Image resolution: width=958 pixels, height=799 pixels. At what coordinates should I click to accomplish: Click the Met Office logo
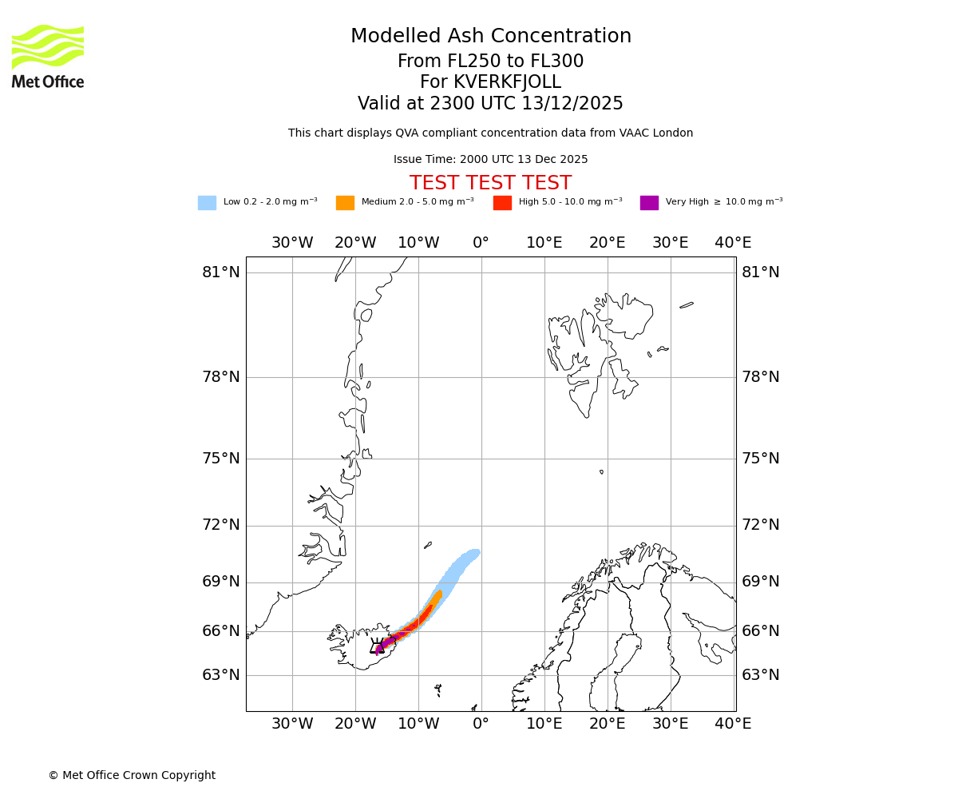pyautogui.click(x=48, y=56)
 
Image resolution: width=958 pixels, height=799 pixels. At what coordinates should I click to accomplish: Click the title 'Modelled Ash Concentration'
pyautogui.click(x=491, y=36)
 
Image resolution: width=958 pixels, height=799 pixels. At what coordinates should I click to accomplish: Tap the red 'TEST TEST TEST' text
pyautogui.click(x=490, y=183)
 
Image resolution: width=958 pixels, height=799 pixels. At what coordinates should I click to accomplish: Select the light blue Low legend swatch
pyautogui.click(x=207, y=202)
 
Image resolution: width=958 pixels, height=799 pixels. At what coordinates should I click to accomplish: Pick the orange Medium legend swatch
pyautogui.click(x=345, y=202)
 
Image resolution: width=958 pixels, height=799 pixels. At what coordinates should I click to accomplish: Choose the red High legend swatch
pyautogui.click(x=502, y=202)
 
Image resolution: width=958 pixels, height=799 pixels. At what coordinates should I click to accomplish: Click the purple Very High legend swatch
pyautogui.click(x=649, y=202)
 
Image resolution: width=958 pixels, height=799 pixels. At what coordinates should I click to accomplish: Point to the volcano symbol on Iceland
pyautogui.click(x=378, y=646)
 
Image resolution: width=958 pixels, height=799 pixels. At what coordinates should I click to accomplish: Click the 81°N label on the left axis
pyautogui.click(x=221, y=272)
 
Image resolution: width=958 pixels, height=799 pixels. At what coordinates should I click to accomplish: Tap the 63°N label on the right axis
pyautogui.click(x=760, y=674)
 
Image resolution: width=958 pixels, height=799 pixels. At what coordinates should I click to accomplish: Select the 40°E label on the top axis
pyautogui.click(x=733, y=242)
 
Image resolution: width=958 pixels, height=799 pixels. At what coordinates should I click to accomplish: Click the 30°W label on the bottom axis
pyautogui.click(x=292, y=723)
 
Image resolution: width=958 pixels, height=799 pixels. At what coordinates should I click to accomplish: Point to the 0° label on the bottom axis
pyautogui.click(x=481, y=723)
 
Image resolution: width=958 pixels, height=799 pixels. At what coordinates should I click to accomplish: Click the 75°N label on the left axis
pyautogui.click(x=221, y=458)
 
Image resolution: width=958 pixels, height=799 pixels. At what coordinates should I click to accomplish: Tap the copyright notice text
pyautogui.click(x=132, y=775)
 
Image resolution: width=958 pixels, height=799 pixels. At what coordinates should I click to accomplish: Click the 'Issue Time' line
pyautogui.click(x=490, y=159)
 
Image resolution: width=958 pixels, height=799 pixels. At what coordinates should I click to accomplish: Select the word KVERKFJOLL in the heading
pyautogui.click(x=507, y=82)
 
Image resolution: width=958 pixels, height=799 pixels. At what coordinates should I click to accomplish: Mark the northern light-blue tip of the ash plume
pyautogui.click(x=474, y=552)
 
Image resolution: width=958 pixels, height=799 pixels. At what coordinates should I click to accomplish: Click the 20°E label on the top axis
pyautogui.click(x=607, y=242)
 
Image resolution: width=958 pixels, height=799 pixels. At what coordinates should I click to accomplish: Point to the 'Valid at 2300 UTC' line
pyautogui.click(x=490, y=103)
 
